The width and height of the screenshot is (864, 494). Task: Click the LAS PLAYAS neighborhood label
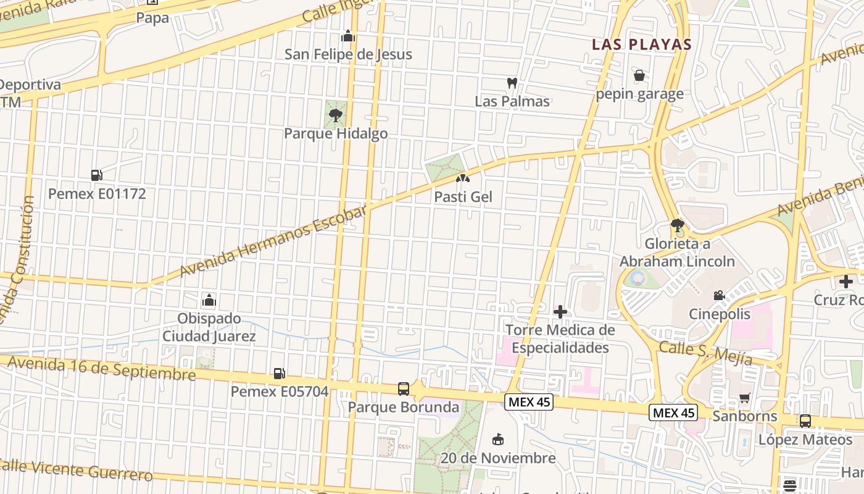[641, 44]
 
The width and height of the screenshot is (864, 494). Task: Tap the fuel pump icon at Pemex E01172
[96, 175]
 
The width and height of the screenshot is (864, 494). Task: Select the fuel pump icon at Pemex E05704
[279, 374]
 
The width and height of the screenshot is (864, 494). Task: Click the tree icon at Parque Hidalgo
[336, 115]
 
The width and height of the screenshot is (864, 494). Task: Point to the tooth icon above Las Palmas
[512, 83]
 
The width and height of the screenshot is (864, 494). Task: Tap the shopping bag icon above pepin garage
[639, 76]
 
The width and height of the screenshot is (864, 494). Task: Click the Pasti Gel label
[463, 197]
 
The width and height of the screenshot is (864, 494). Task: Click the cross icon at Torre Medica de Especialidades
[560, 312]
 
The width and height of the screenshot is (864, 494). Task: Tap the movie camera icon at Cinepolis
[719, 296]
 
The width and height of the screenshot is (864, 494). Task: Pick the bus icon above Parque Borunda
[403, 389]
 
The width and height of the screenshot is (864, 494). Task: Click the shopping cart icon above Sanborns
[745, 398]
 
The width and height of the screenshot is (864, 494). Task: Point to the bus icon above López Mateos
[805, 421]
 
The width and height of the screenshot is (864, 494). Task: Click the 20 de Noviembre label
[498, 458]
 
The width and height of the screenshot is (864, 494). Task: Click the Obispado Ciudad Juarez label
[209, 327]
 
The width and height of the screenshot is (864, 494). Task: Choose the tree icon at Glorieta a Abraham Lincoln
[677, 225]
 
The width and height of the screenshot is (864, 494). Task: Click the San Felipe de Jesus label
[348, 54]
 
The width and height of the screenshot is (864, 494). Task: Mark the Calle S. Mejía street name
[705, 353]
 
